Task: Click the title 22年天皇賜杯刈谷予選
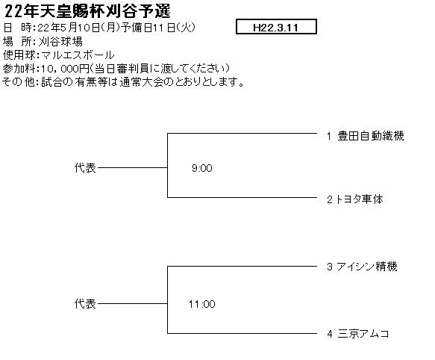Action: tap(87, 11)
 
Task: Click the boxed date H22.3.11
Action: tap(276, 27)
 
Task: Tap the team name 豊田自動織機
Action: tap(371, 136)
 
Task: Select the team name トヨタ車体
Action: tap(360, 199)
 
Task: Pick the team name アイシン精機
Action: tap(367, 267)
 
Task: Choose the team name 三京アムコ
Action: tap(363, 334)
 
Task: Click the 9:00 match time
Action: tap(202, 168)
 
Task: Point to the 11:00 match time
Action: tap(202, 304)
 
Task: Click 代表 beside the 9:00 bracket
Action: tap(85, 168)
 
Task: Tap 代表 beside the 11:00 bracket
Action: tap(85, 304)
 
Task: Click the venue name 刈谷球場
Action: tap(60, 42)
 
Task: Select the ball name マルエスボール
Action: tap(78, 55)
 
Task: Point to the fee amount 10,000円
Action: tap(65, 68)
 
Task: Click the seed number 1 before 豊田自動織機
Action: tap(329, 136)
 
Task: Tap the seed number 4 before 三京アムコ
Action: tap(330, 334)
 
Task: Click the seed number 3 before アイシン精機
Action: tap(330, 267)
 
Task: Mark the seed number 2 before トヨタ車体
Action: tap(330, 199)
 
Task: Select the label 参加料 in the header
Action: tap(19, 68)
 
